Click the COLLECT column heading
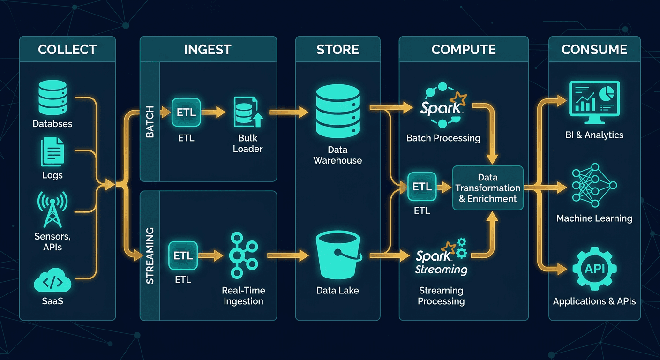pos(67,49)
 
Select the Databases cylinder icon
pos(52,97)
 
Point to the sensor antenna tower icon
pos(52,209)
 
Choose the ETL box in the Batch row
pos(186,112)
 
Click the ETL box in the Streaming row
pos(183,255)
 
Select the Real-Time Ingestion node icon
pos(243,256)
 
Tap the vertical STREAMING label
pos(150,255)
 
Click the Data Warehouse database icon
pos(337,111)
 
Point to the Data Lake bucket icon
pos(337,256)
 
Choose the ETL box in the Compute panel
pos(422,187)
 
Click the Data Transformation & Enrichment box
pos(487,188)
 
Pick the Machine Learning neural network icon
pos(594,185)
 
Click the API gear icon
pos(594,269)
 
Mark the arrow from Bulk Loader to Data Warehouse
pos(288,112)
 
